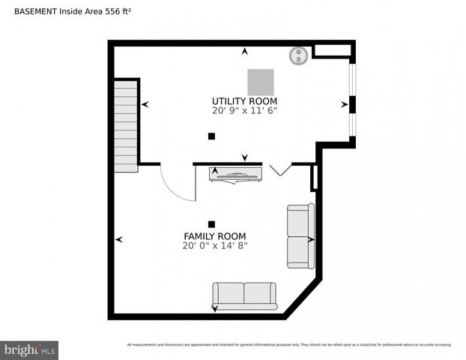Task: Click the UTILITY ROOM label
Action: [244, 101]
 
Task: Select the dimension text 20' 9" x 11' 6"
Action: [244, 111]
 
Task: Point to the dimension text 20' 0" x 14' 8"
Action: [214, 245]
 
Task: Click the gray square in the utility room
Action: [261, 81]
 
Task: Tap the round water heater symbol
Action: [298, 55]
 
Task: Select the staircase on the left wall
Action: [125, 126]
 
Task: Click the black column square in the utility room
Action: [211, 136]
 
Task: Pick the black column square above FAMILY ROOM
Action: [211, 223]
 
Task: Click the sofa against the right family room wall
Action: [300, 235]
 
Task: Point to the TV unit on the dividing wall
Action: [236, 174]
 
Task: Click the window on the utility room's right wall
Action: [353, 103]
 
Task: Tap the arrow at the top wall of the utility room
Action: [244, 51]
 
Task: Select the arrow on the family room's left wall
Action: [118, 239]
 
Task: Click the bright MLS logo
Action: [30, 349]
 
